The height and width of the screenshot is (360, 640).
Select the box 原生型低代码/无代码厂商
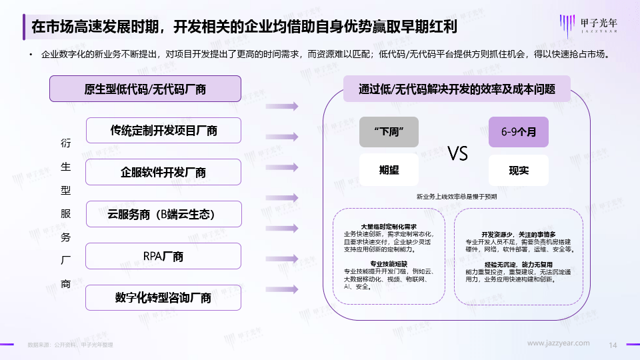145,89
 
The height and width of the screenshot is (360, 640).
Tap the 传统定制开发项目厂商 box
163,131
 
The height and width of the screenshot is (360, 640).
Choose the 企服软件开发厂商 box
163,172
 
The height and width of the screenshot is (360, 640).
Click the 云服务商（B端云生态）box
163,214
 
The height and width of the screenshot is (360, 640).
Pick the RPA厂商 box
163,256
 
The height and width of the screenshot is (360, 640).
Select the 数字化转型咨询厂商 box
163,297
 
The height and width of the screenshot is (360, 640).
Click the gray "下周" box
389,132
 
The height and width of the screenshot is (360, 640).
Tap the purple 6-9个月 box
518,132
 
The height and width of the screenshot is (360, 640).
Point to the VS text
457,153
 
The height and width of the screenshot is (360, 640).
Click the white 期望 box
389,170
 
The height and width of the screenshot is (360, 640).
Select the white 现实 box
518,170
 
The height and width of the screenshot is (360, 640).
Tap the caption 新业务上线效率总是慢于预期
457,197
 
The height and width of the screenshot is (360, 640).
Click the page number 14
614,344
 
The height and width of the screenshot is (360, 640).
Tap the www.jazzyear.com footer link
559,343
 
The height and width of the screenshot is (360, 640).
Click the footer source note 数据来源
70,345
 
